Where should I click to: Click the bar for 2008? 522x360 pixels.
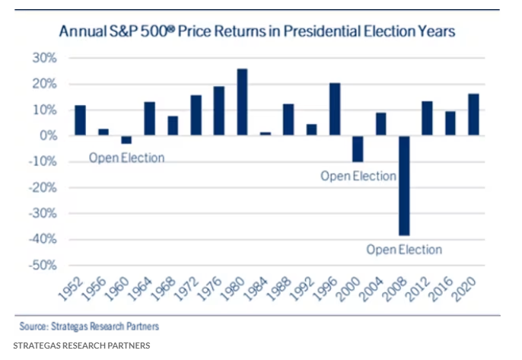point(404,185)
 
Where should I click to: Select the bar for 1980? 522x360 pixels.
point(243,102)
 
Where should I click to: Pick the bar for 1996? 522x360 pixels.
point(335,109)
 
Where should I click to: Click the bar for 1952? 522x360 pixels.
point(81,120)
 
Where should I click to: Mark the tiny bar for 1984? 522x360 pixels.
point(266,133)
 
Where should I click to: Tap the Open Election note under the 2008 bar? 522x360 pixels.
point(403,249)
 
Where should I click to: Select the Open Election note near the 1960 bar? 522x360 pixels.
point(126,158)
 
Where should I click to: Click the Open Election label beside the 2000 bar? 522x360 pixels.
point(358,176)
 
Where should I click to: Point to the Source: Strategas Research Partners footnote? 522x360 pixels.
point(90,327)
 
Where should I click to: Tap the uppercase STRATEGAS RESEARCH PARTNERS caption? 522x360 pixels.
point(81,346)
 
